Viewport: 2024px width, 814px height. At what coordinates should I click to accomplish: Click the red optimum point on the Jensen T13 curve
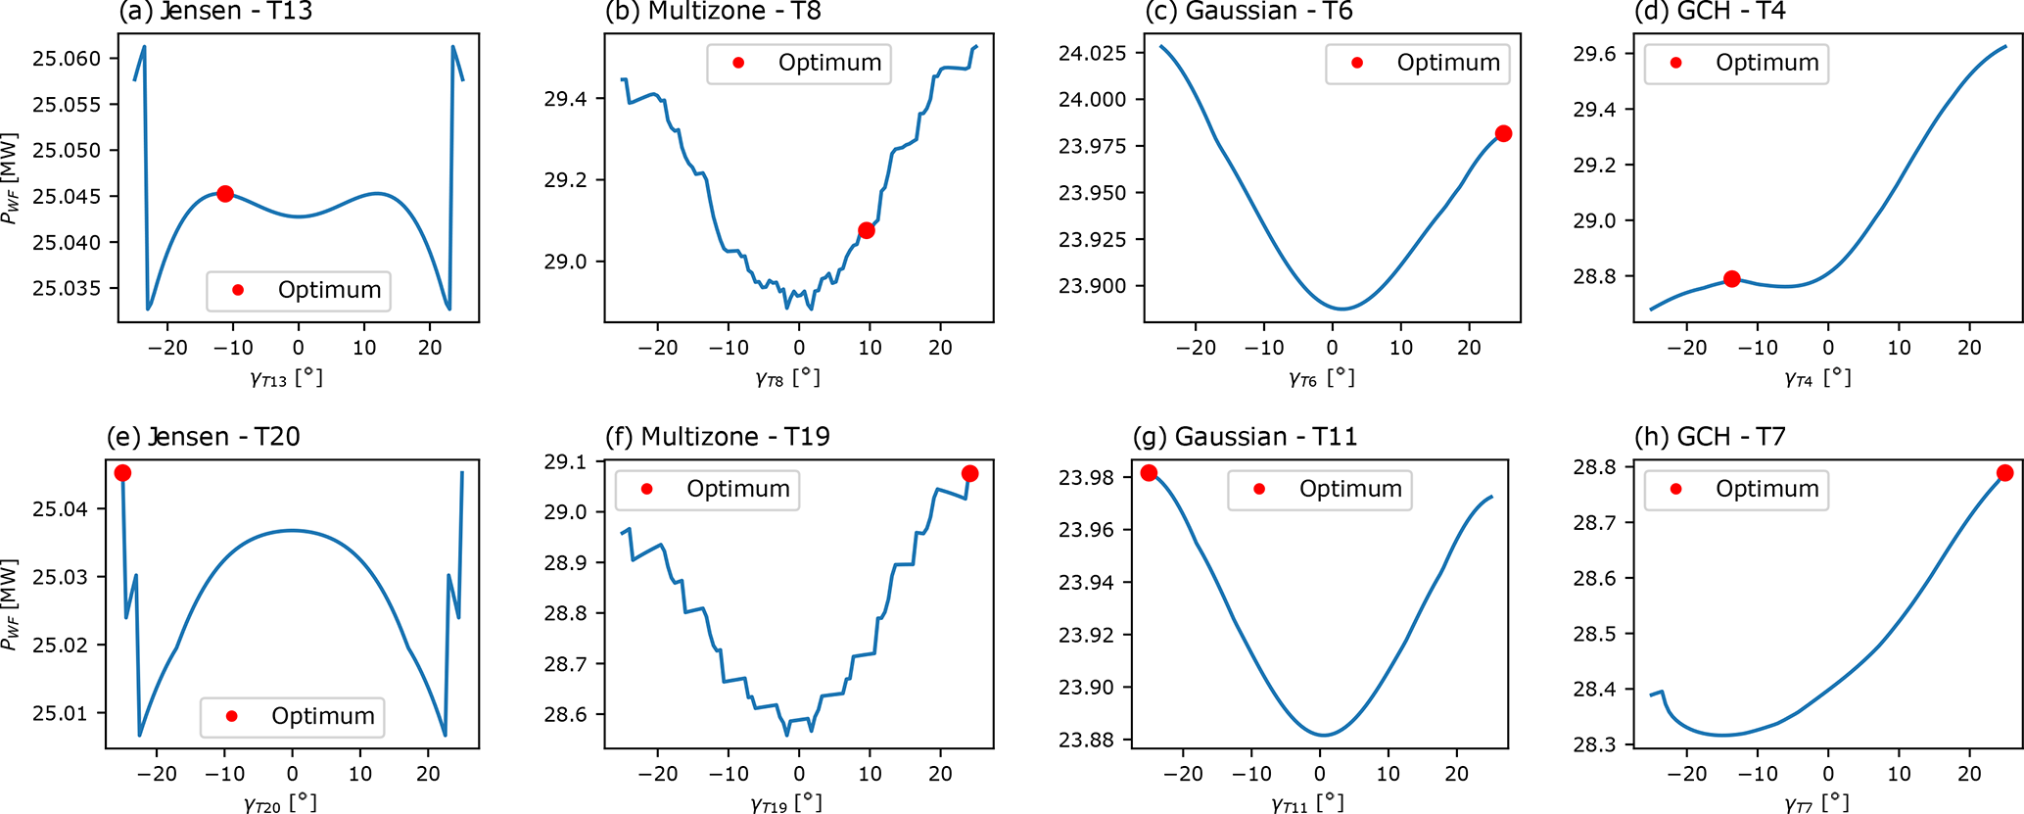tap(225, 194)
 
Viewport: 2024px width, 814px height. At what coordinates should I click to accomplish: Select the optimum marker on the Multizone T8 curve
tap(866, 230)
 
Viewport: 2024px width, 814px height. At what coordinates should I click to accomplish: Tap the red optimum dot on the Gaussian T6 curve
tap(1503, 133)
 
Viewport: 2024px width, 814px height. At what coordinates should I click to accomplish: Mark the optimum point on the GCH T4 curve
tap(1731, 279)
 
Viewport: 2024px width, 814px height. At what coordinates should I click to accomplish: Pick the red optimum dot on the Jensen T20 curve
tap(122, 473)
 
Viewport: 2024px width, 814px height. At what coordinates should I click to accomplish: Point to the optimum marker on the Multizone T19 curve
tap(969, 473)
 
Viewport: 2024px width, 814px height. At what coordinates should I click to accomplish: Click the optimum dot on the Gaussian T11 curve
tap(1149, 473)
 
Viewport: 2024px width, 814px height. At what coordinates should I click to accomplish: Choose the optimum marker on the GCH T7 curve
tap(2004, 473)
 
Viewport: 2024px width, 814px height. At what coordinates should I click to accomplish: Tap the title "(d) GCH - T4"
tap(1710, 12)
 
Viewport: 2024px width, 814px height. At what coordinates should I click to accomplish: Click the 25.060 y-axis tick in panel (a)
tap(67, 59)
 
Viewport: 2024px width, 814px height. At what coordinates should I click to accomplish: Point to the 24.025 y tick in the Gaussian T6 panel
tap(1092, 52)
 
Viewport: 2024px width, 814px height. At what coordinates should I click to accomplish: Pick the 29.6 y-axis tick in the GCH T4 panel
tap(1593, 54)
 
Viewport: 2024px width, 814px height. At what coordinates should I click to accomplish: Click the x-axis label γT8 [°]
tap(787, 378)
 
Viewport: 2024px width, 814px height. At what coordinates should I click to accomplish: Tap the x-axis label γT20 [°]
tap(280, 803)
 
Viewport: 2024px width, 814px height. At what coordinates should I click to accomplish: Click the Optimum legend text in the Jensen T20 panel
tap(323, 716)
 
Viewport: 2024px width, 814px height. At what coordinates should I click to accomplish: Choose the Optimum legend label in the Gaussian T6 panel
tap(1448, 63)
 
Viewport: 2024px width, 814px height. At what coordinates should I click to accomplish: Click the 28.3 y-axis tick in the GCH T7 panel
tap(1593, 744)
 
